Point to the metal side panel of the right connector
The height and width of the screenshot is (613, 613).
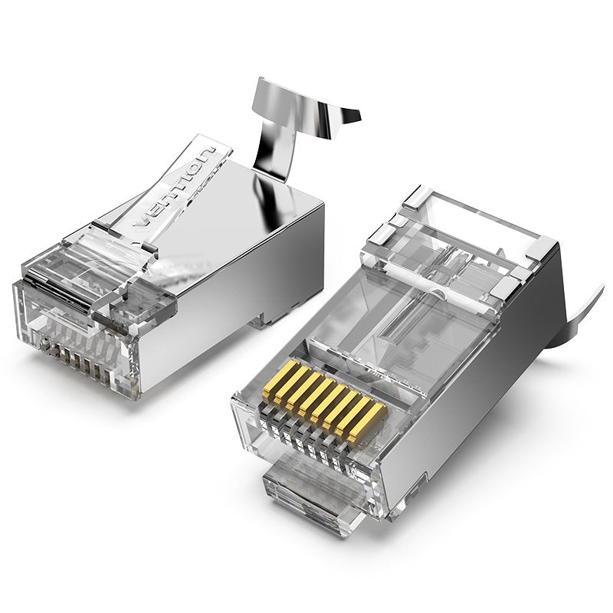(490, 383)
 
